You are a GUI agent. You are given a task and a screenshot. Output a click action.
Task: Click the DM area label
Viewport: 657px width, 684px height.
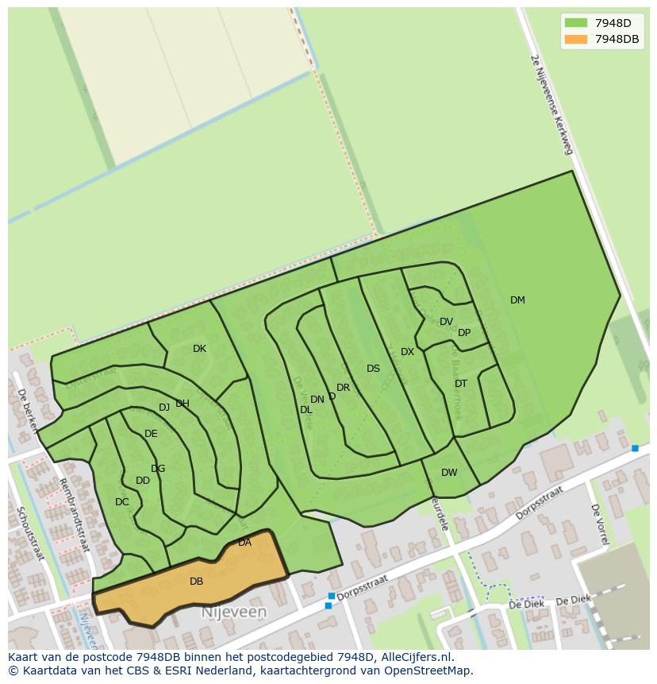[517, 300]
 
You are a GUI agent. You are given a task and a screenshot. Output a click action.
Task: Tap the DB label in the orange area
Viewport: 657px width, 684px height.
[196, 582]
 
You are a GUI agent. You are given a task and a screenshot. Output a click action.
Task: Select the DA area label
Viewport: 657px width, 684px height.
[244, 543]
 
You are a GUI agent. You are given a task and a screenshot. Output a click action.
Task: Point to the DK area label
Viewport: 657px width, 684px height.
[199, 349]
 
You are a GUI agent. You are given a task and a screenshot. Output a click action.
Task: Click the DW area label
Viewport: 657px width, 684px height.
[449, 473]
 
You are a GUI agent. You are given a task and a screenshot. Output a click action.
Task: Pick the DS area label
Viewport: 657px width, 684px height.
[373, 369]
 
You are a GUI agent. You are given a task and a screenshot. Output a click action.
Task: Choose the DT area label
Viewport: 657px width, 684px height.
[461, 384]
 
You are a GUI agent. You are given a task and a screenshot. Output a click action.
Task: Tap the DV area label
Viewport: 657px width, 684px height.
[446, 322]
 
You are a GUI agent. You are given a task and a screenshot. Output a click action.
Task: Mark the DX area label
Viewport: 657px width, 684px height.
[407, 352]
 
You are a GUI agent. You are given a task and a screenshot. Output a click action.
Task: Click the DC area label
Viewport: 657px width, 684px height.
[121, 502]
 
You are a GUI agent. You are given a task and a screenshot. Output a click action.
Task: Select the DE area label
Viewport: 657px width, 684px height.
[151, 434]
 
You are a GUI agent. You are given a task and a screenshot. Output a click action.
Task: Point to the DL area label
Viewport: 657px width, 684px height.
[305, 410]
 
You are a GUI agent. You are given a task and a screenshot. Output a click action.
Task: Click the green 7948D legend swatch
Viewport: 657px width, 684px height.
[576, 23]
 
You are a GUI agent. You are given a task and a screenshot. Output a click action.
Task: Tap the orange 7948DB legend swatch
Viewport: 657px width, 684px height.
[576, 39]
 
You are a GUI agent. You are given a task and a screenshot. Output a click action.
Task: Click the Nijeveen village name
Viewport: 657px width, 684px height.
[233, 613]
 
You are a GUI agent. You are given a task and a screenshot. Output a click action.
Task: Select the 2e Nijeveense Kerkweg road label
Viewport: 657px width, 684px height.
[551, 104]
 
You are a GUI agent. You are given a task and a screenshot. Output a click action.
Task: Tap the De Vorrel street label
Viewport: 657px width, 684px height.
[599, 524]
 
